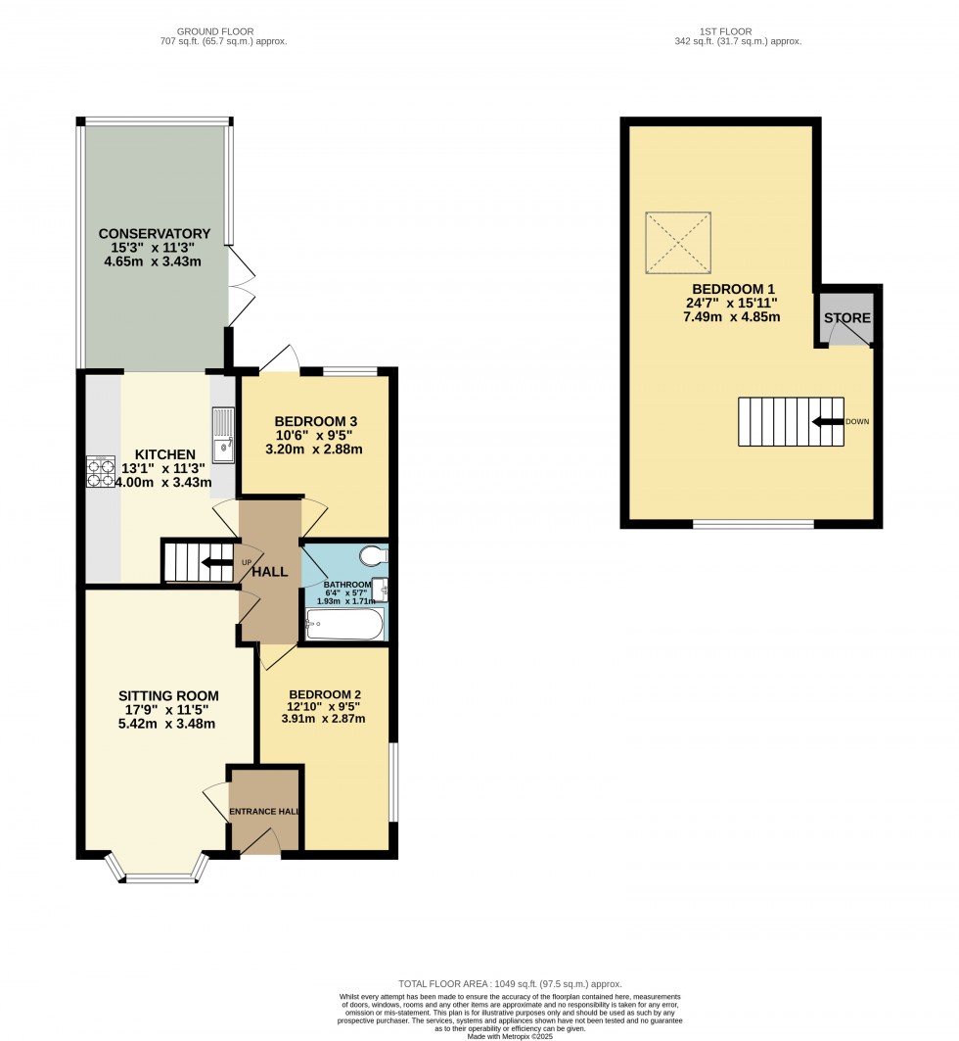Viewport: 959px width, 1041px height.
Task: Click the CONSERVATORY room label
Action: pos(154,233)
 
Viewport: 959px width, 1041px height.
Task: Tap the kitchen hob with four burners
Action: pos(101,472)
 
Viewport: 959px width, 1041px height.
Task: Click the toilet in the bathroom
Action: pos(373,556)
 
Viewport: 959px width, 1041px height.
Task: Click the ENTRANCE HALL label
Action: pos(264,812)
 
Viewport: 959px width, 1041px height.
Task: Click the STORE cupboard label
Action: pos(846,318)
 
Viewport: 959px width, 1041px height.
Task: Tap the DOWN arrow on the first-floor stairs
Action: pos(828,421)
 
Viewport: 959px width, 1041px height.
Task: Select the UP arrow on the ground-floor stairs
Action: pos(215,562)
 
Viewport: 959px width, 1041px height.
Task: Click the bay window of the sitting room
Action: pos(157,869)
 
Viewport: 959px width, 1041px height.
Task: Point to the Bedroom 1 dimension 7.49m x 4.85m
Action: pos(733,317)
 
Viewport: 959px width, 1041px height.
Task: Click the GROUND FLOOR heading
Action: pos(224,31)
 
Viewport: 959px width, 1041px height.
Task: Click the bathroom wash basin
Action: pos(381,590)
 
